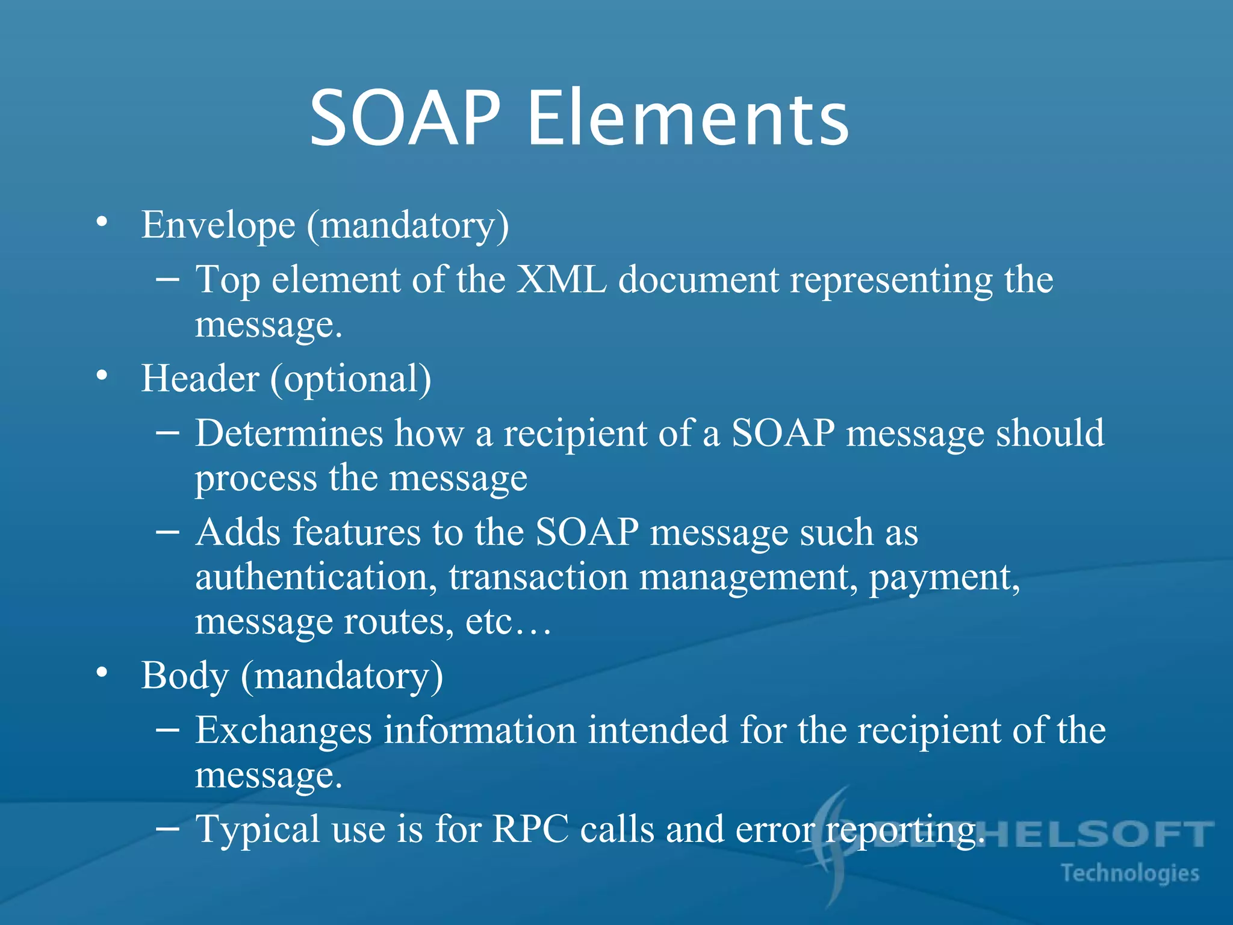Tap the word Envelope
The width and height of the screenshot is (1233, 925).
[218, 225]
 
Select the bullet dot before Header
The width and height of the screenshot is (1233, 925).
[102, 376]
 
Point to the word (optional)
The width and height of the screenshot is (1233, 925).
[350, 379]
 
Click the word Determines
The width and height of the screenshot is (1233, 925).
[289, 433]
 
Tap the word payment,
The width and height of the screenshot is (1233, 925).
[944, 578]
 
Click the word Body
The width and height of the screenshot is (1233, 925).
[185, 676]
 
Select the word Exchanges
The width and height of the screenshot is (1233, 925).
[284, 730]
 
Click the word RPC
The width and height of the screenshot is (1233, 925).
[530, 829]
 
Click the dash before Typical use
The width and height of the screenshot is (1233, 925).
[167, 829]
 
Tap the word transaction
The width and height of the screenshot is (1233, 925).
[538, 578]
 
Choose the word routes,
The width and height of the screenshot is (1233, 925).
[399, 622]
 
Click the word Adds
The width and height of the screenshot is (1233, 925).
[238, 532]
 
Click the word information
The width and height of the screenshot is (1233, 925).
[480, 730]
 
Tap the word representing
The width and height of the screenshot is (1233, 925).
[890, 281]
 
